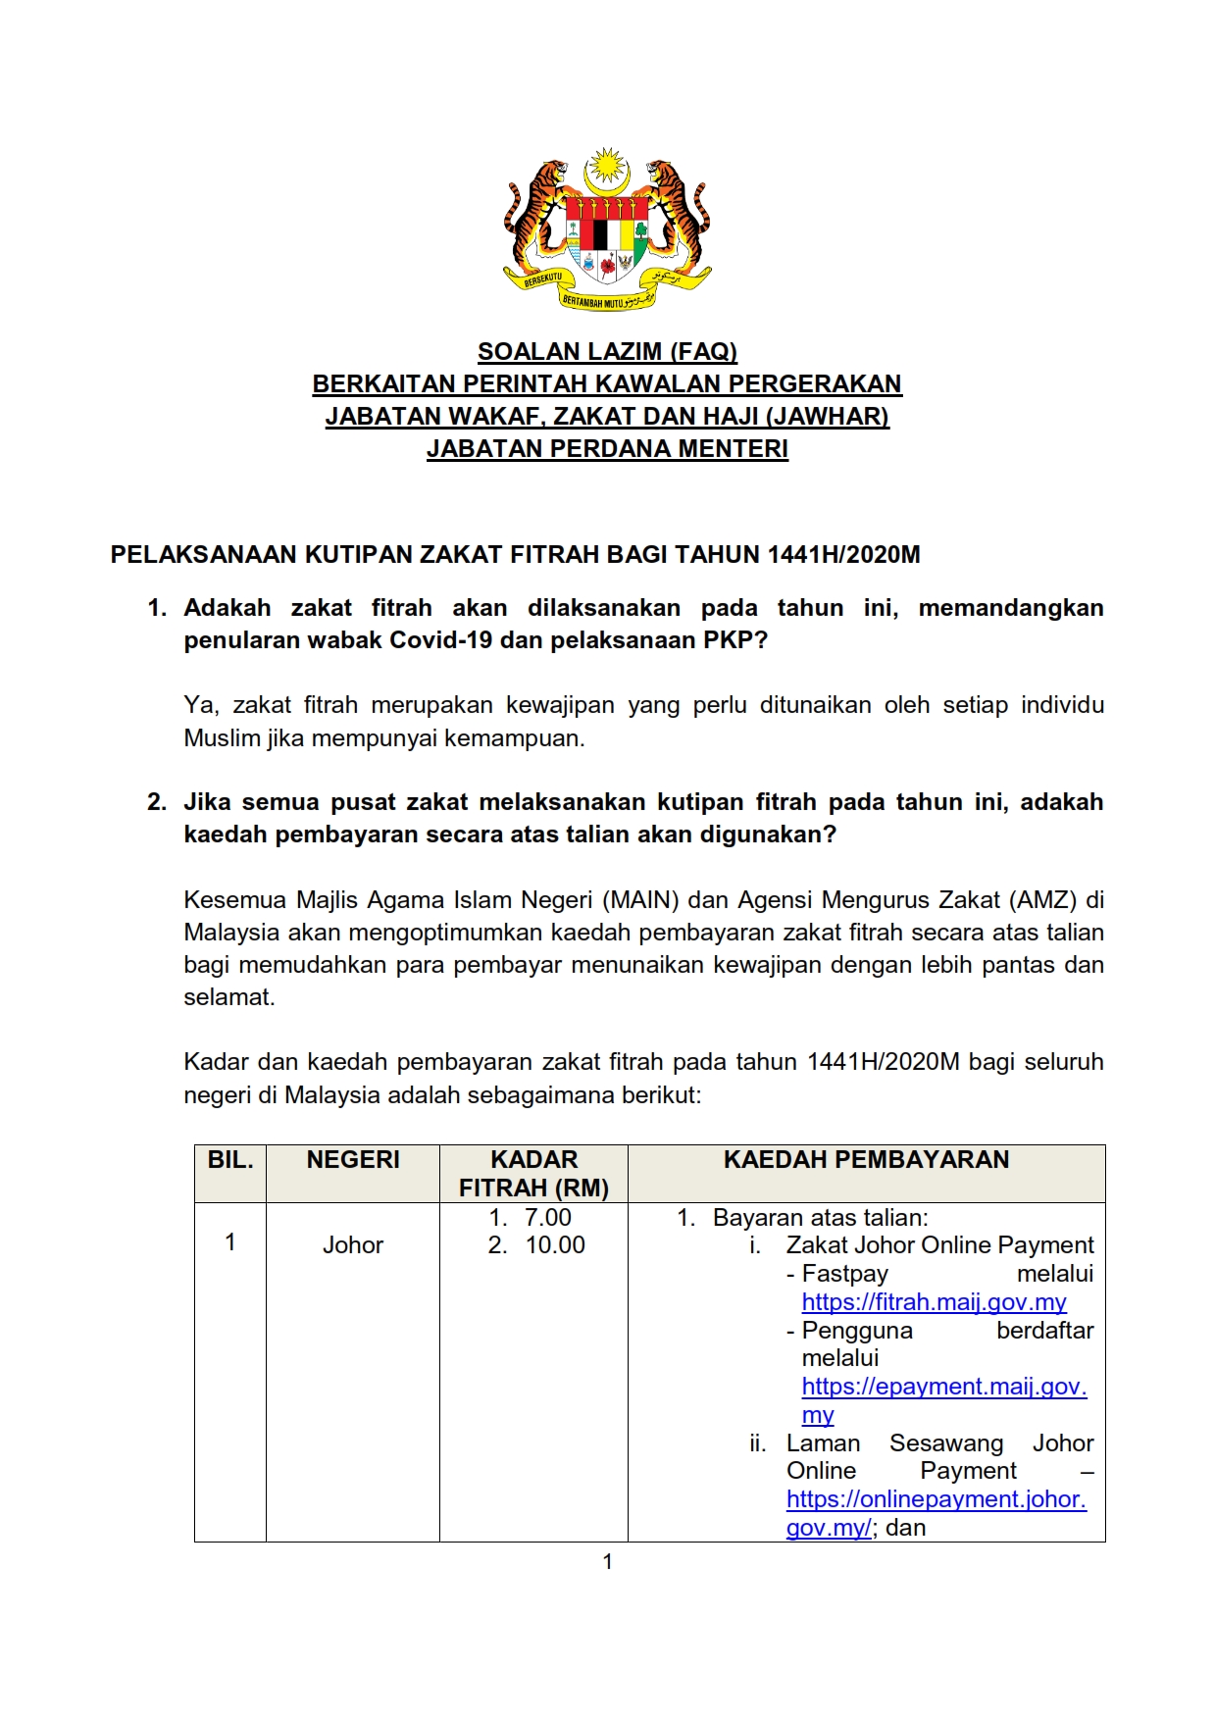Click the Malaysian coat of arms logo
(x=607, y=230)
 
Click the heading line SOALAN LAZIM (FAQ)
(x=607, y=351)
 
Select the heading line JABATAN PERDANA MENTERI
(x=607, y=449)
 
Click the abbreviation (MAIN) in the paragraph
(x=639, y=899)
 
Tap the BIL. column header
(x=230, y=1160)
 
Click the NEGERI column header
(x=353, y=1160)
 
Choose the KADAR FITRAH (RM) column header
(x=533, y=1174)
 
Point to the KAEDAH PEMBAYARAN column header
(x=866, y=1160)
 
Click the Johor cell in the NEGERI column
(x=353, y=1245)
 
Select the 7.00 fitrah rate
(x=547, y=1218)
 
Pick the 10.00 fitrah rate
(x=555, y=1245)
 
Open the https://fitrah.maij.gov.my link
(x=934, y=1302)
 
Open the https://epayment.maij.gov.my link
(x=943, y=1387)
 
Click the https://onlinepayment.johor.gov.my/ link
(x=936, y=1499)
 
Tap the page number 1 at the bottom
(x=607, y=1562)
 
